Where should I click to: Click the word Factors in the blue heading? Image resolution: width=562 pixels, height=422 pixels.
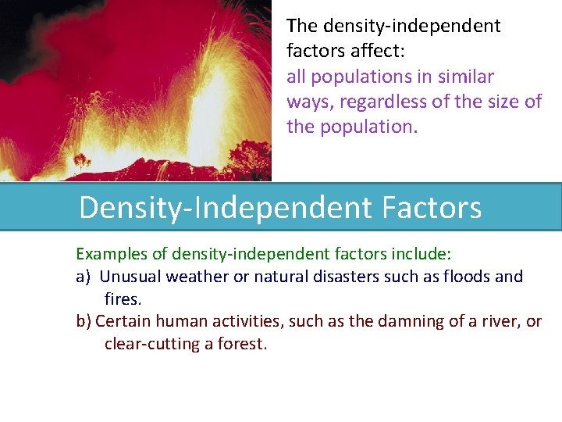coord(432,208)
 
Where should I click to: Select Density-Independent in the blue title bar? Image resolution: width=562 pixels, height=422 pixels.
coord(226,208)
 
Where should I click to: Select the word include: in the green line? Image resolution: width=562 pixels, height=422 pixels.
coord(424,254)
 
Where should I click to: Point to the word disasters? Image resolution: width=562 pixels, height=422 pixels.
coord(348,277)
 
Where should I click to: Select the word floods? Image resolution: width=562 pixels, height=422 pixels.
coord(467,277)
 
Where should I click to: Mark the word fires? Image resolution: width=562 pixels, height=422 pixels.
coord(123,299)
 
